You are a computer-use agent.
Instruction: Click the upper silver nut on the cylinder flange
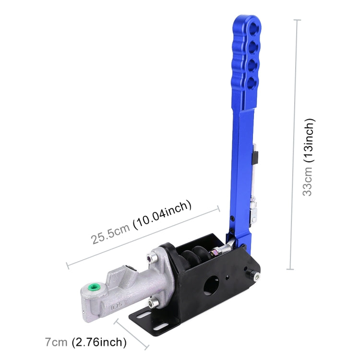(152, 259)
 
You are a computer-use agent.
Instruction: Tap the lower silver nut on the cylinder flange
(153, 303)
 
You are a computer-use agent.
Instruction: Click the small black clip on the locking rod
(256, 156)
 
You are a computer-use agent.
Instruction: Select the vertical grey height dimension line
(294, 144)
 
